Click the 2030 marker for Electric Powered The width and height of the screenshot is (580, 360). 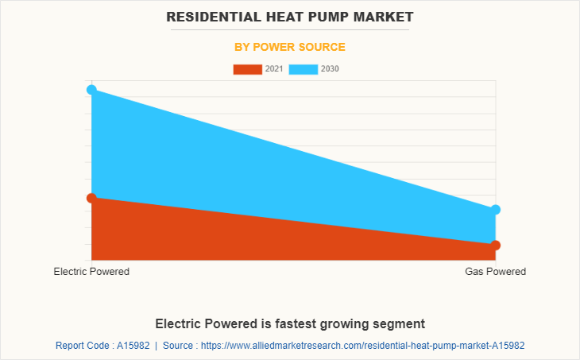click(x=91, y=90)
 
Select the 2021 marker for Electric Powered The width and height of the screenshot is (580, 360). click(x=91, y=197)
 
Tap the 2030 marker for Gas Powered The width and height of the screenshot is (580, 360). click(x=495, y=210)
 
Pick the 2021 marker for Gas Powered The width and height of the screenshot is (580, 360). click(x=495, y=245)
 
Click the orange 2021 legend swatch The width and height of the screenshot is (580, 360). click(x=247, y=69)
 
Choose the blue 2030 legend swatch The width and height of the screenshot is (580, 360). click(x=303, y=69)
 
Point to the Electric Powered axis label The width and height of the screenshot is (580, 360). click(x=91, y=272)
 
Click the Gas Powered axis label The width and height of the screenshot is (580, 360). click(x=495, y=272)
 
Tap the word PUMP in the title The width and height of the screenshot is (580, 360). click(x=338, y=16)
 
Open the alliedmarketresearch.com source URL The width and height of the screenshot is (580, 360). click(x=365, y=346)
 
